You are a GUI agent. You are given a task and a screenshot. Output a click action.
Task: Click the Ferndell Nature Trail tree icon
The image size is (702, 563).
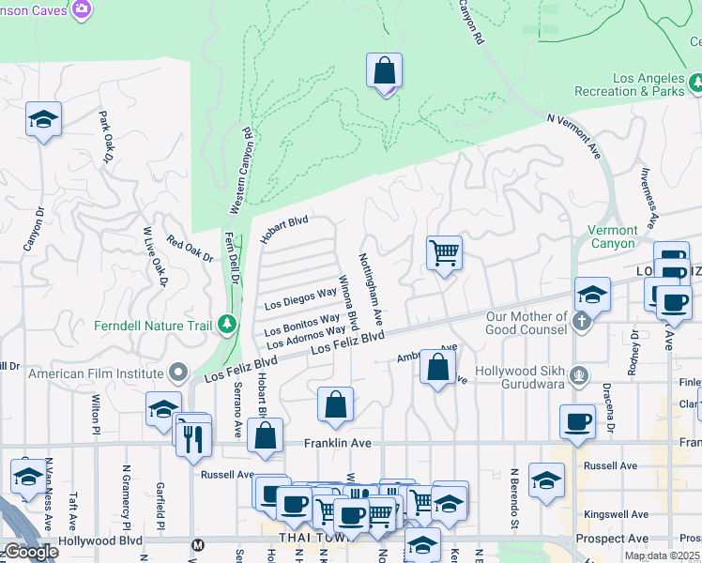click(226, 325)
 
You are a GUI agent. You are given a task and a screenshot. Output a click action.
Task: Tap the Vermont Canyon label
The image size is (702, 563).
click(612, 236)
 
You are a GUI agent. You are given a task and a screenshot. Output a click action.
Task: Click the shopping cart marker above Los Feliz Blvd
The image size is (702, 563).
click(444, 252)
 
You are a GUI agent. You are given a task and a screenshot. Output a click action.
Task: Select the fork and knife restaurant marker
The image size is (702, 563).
click(194, 438)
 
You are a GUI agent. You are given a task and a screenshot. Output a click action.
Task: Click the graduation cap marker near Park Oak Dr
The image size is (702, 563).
click(43, 119)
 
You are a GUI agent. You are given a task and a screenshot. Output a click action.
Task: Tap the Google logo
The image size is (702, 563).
click(31, 552)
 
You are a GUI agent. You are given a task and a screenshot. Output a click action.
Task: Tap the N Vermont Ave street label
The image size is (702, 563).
click(573, 135)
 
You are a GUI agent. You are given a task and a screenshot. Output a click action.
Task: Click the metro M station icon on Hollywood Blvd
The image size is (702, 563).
click(197, 544)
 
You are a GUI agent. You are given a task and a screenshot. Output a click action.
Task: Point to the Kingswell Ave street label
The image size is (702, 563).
click(615, 514)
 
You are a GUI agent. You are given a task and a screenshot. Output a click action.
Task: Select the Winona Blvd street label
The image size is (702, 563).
click(347, 302)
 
